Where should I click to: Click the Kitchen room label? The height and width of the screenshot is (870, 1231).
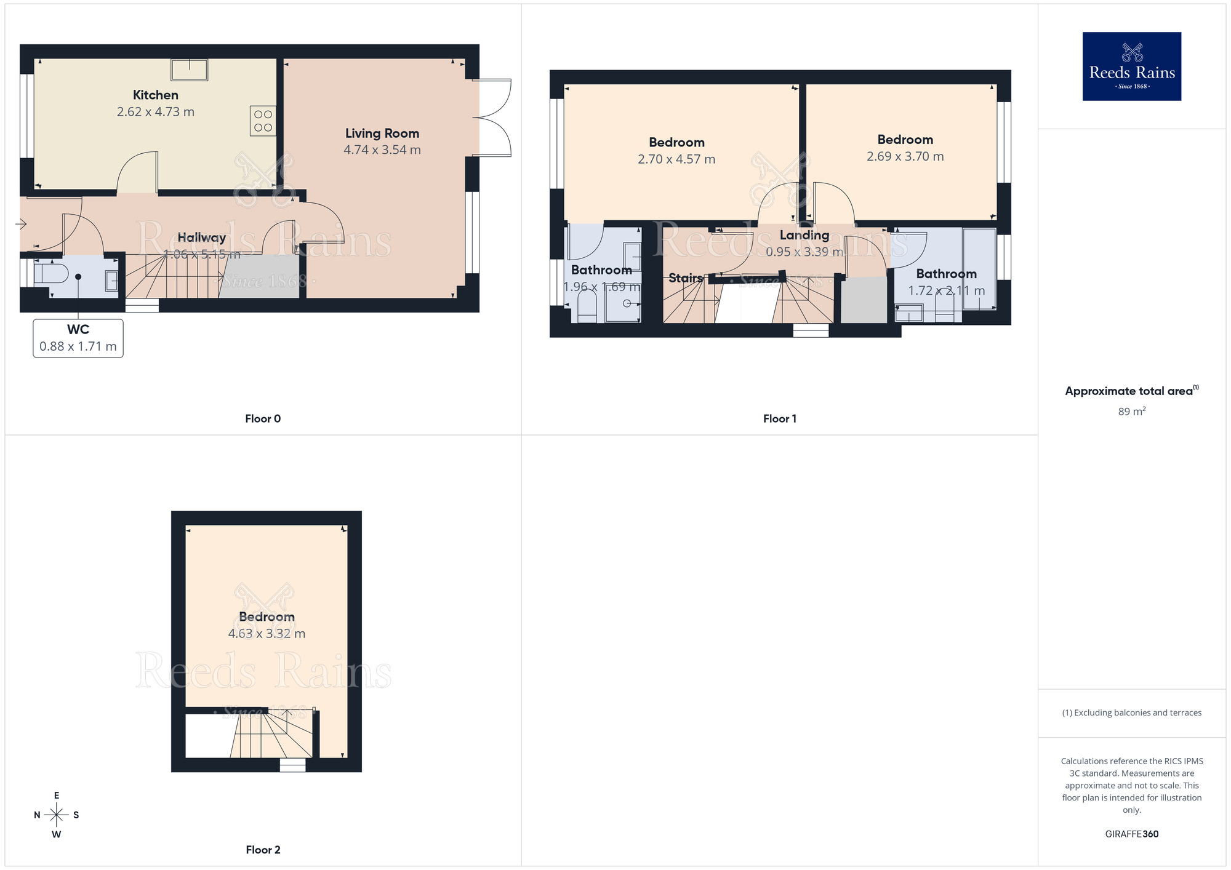[156, 95]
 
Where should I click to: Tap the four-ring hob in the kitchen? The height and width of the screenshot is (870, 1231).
[263, 121]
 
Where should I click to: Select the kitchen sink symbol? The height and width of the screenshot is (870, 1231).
[190, 70]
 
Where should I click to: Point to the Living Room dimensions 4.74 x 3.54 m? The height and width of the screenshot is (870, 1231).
[382, 150]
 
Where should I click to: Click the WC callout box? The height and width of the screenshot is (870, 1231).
[78, 338]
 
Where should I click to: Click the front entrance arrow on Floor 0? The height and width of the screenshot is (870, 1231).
[21, 224]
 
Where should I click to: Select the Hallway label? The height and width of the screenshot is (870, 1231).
[202, 237]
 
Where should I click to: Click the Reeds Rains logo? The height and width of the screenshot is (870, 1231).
[1131, 66]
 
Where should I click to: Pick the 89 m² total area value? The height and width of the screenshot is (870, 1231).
[1131, 412]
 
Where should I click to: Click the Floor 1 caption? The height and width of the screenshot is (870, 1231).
[779, 419]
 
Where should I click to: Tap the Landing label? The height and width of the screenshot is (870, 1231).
[804, 235]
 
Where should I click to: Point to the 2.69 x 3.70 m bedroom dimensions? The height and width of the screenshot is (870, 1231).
[905, 157]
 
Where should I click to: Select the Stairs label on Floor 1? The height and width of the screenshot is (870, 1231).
[686, 278]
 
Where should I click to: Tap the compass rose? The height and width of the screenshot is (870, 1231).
[57, 815]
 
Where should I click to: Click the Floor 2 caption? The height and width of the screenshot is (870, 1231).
[263, 850]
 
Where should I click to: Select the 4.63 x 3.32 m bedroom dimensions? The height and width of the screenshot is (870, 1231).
[267, 634]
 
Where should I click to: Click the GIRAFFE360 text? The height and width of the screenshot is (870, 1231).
[1131, 834]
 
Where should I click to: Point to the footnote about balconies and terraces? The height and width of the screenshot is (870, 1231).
[1131, 713]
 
